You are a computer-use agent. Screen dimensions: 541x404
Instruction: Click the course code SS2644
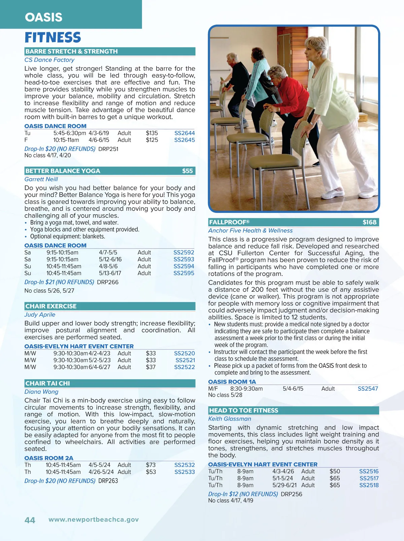184,133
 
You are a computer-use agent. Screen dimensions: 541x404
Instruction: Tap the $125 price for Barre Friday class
152,140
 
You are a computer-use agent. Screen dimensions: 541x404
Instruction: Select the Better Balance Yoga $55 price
188,171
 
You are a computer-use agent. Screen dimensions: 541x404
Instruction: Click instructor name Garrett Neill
41,179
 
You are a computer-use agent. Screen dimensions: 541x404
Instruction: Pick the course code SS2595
184,273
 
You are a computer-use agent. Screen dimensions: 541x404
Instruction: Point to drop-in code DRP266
108,282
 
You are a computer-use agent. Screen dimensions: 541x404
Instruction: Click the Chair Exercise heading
51,306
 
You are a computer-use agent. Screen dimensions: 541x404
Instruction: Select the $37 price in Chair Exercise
150,367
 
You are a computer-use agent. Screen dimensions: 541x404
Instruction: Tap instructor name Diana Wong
41,392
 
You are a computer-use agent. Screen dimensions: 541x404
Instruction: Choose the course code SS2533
184,472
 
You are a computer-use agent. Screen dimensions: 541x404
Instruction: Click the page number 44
30,520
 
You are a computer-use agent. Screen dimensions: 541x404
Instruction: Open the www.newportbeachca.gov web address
94,519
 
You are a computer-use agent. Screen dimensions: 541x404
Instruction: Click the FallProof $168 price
369,222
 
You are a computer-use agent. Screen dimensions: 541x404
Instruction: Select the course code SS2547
368,389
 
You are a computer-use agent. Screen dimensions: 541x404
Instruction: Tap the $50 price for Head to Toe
335,471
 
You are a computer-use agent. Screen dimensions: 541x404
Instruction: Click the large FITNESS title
53,37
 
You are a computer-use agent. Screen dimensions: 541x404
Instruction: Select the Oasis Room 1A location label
232,382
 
